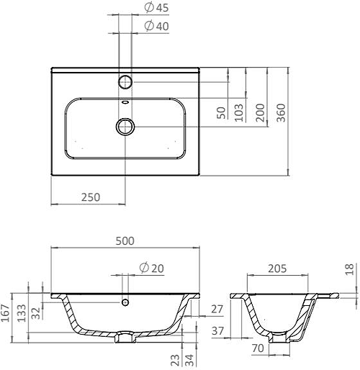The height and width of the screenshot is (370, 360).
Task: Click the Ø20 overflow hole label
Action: tap(150, 268)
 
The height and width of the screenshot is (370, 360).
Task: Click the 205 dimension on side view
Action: tap(277, 269)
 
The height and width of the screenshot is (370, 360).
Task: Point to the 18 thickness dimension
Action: tap(349, 269)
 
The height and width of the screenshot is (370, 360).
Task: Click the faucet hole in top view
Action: tap(125, 80)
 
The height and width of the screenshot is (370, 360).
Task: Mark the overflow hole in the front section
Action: tap(125, 302)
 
